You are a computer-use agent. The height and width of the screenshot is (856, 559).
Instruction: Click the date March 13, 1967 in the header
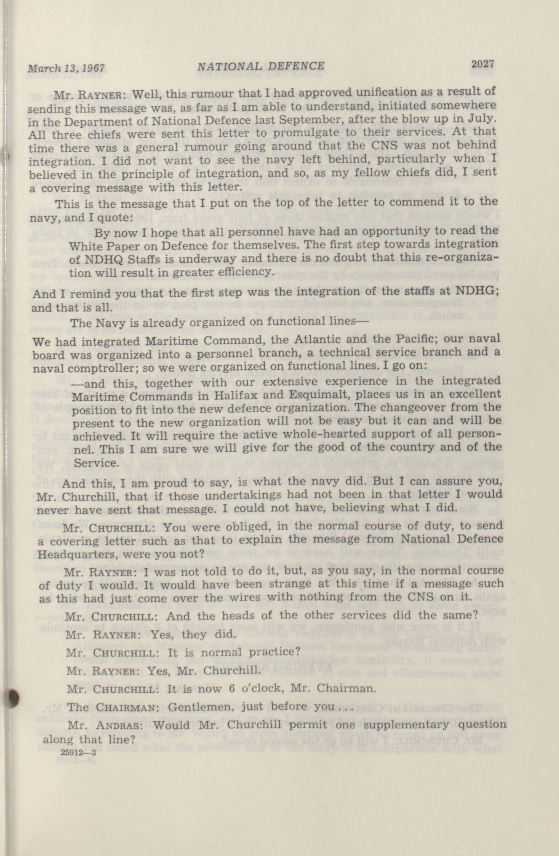click(x=66, y=67)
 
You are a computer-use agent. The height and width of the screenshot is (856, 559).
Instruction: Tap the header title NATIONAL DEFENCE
click(x=261, y=66)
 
